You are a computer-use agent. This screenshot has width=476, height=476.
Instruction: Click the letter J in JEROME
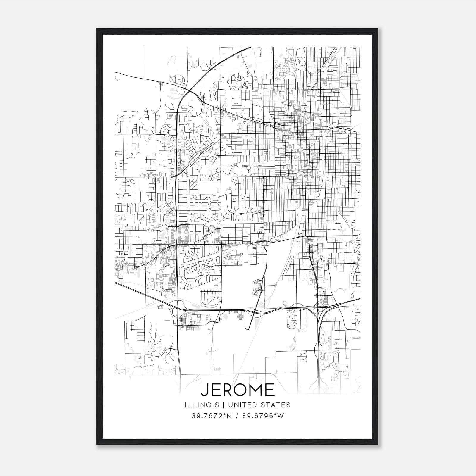click(x=204, y=390)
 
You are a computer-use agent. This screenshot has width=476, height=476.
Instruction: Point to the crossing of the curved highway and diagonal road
click(x=190, y=90)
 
